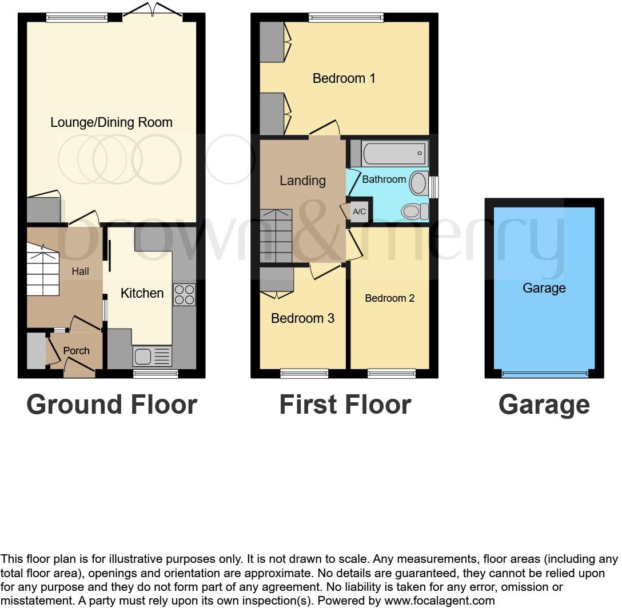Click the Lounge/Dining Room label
[111, 122]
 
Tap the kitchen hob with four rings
[184, 294]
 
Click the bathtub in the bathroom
[394, 154]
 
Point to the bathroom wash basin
[418, 183]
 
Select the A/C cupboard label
[359, 211]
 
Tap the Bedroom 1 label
[344, 78]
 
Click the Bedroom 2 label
[390, 298]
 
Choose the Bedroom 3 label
[302, 318]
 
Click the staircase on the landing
[276, 235]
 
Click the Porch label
[77, 351]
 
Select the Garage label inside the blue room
[544, 288]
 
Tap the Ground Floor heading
[111, 405]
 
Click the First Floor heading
[345, 405]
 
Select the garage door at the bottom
[544, 374]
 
